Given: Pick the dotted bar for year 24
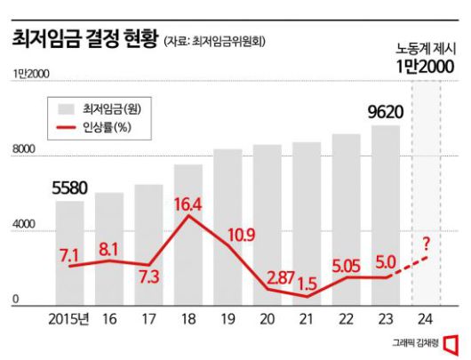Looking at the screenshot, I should (x=425, y=196).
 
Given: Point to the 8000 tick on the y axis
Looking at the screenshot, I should (x=21, y=152).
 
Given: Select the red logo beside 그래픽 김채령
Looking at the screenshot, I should (x=451, y=342).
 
